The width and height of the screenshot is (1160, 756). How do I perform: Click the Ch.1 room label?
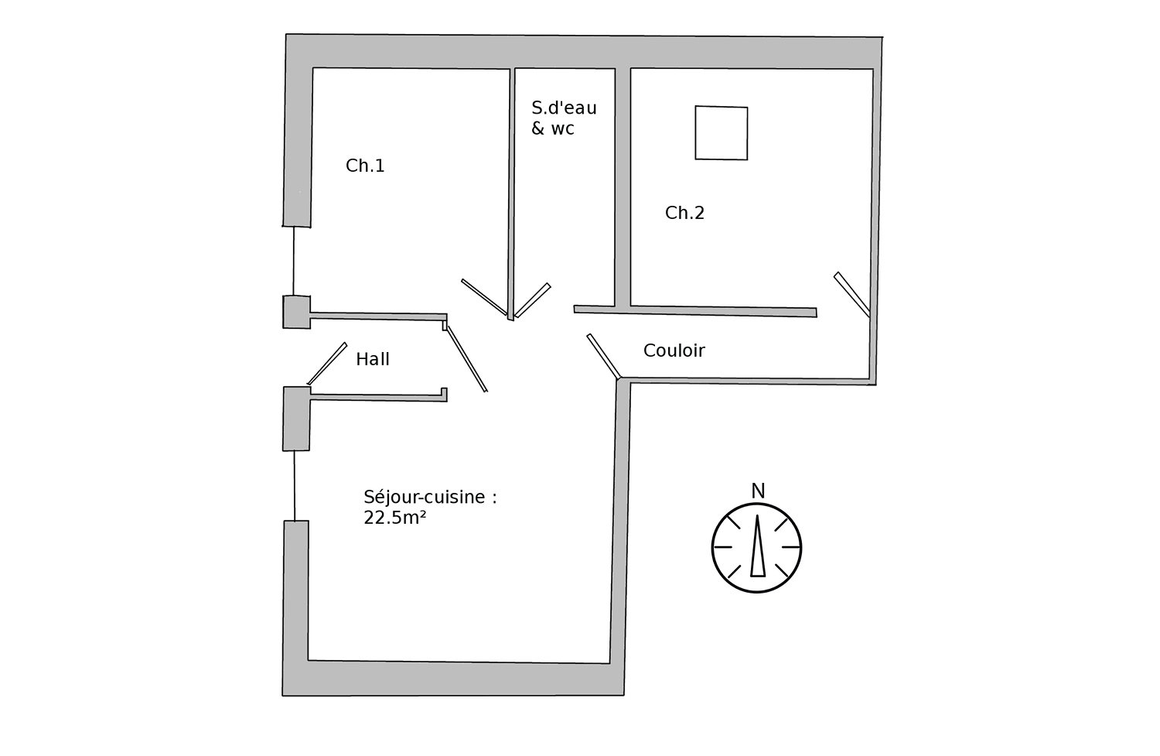365,166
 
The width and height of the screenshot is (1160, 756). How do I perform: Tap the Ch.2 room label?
684,213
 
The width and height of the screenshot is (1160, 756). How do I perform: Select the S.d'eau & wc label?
564,118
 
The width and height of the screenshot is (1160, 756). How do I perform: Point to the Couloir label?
674,351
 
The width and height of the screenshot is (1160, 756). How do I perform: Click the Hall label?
372,360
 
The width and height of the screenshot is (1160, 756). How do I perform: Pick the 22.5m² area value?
394,518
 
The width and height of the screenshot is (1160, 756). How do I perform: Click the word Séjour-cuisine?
424,498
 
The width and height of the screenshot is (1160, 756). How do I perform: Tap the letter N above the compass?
758,491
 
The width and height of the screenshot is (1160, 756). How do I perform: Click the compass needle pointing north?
758,546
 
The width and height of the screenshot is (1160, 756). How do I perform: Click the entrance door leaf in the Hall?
327,364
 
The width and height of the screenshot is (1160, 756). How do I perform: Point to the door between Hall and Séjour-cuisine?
466,358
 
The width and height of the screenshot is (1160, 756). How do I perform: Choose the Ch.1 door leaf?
484,297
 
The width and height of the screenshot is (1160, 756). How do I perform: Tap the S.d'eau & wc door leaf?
533,300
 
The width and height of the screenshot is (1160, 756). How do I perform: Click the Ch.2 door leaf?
852,294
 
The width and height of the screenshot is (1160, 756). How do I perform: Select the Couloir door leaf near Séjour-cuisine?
603,357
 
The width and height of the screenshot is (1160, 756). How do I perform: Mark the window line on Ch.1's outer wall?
294,261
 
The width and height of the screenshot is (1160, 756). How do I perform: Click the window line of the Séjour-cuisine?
295,485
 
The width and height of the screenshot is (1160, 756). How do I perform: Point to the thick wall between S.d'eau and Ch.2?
623,187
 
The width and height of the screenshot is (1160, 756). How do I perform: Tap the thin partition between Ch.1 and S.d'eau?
512,194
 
